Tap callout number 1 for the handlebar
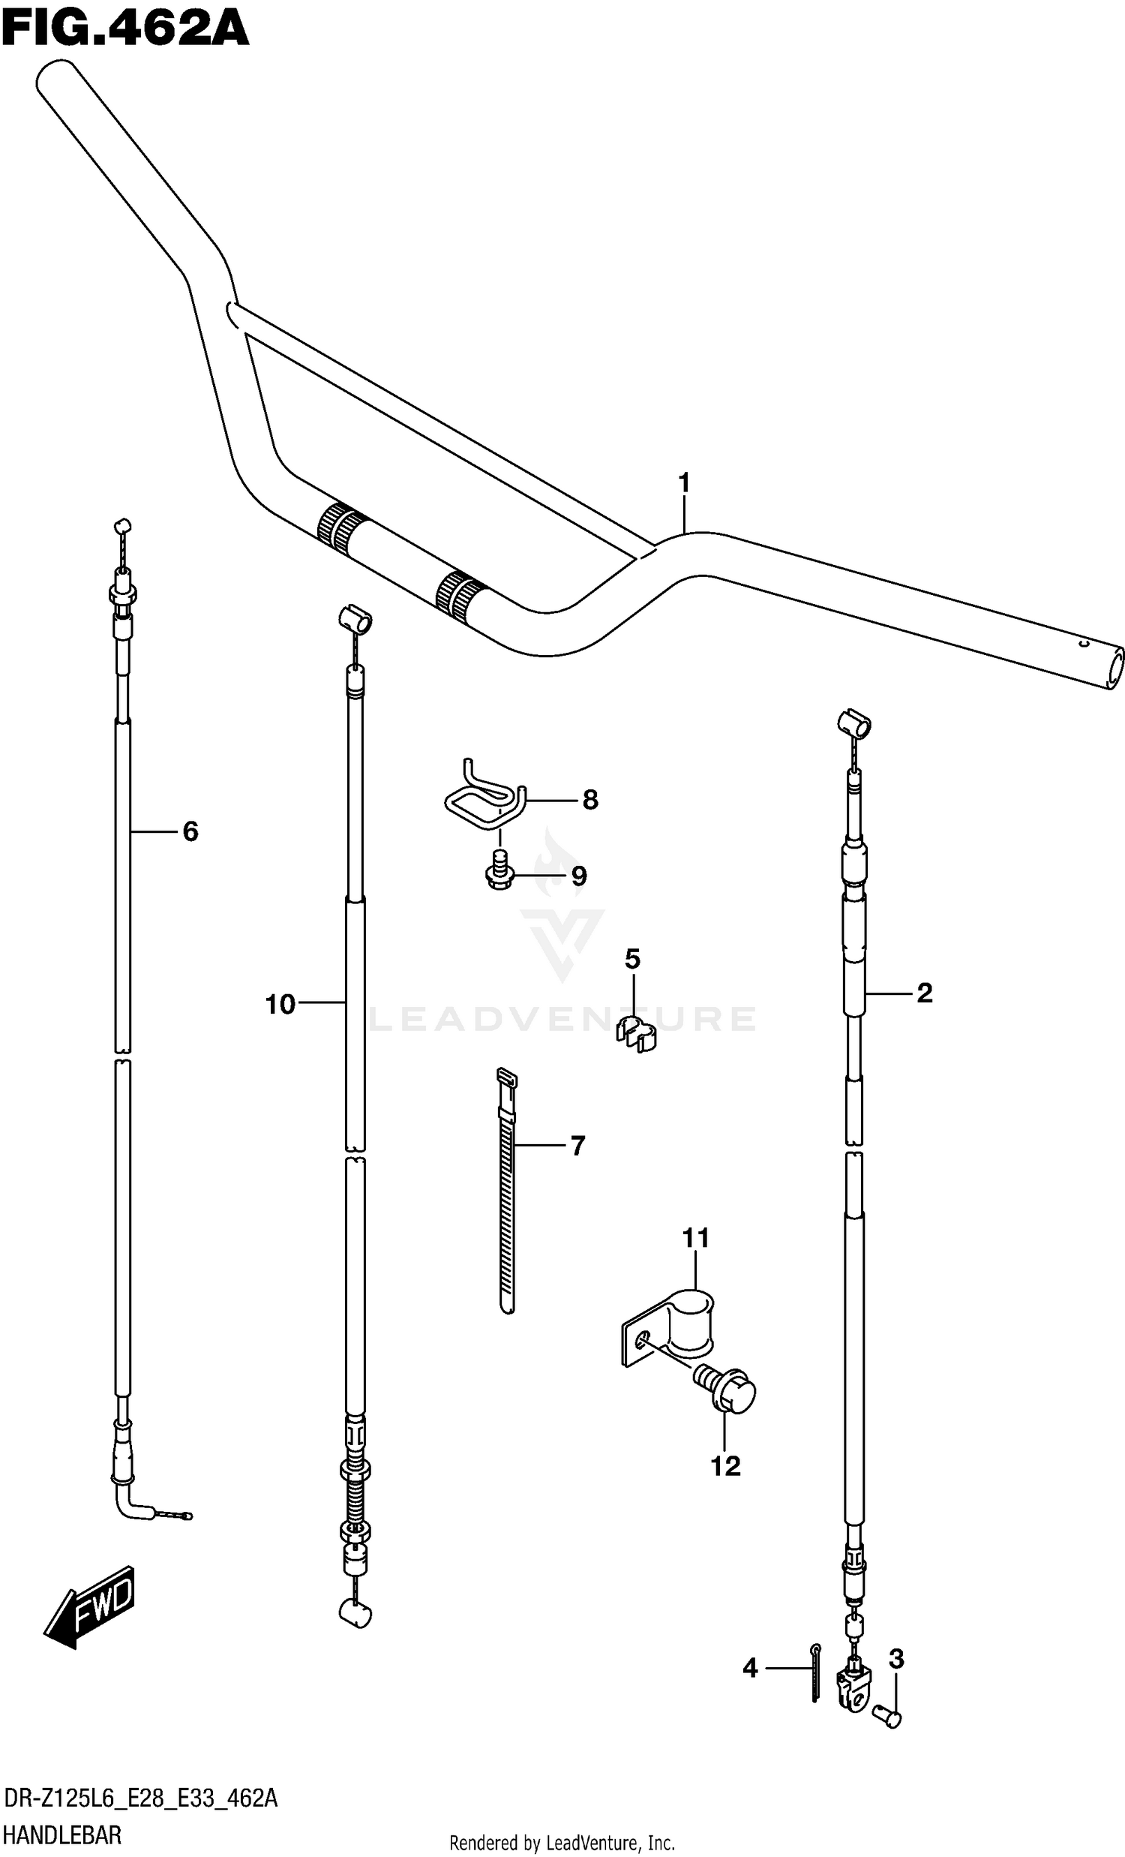click(683, 482)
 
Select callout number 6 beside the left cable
click(190, 831)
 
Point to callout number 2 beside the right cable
click(924, 993)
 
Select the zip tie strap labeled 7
click(507, 1191)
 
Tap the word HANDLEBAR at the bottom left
click(61, 1834)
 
